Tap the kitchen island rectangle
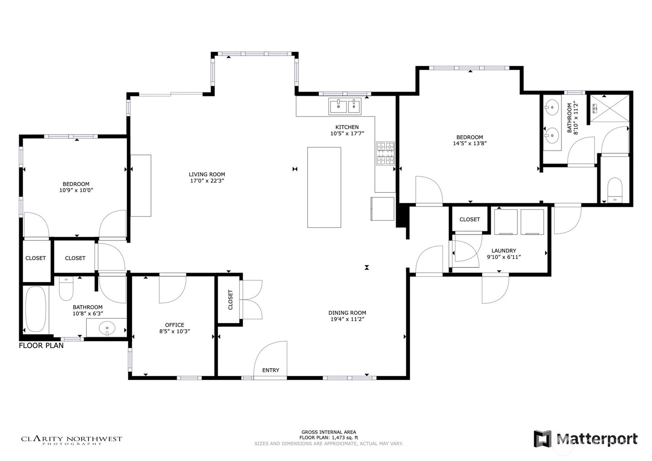[x=324, y=187]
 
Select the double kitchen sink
[x=345, y=106]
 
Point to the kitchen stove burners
[x=385, y=153]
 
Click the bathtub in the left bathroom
[x=36, y=309]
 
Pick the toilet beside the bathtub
[x=66, y=288]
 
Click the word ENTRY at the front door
[x=271, y=370]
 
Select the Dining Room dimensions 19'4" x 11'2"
[x=347, y=319]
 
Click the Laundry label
[x=504, y=250]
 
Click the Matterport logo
[x=585, y=438]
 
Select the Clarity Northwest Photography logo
[x=72, y=440]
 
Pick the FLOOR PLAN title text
[x=41, y=346]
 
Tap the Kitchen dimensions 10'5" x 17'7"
[x=347, y=133]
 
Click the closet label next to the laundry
[x=470, y=219]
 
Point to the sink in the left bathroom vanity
[x=107, y=328]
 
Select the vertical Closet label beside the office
[x=230, y=300]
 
